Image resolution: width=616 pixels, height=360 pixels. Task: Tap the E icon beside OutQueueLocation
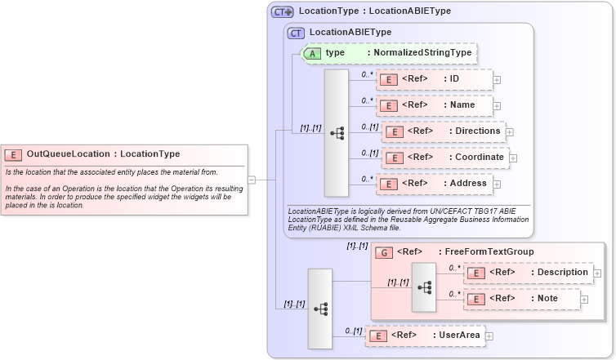point(13,154)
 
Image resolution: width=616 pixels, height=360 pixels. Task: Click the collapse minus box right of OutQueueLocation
point(252,180)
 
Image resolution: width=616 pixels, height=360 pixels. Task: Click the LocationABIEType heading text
point(350,32)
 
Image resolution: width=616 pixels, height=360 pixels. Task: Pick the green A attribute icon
point(312,53)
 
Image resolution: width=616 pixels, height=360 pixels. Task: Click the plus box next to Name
point(497,106)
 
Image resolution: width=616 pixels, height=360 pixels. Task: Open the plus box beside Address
point(497,184)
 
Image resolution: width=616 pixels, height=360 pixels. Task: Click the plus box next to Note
point(584,300)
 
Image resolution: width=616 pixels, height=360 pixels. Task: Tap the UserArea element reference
point(425,335)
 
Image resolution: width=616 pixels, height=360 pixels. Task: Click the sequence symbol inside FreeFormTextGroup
point(424,287)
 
